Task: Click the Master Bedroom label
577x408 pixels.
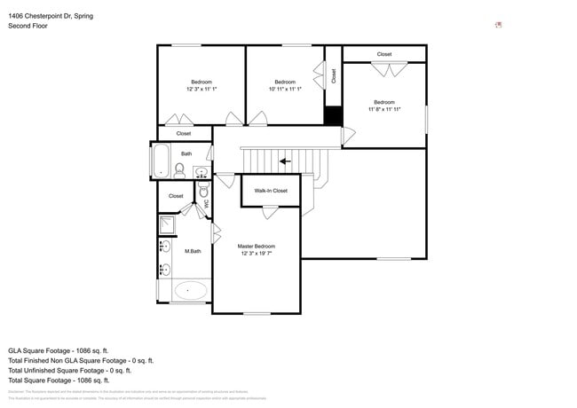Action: tap(256, 246)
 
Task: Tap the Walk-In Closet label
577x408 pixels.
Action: tap(271, 191)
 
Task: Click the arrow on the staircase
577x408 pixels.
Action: tap(284, 161)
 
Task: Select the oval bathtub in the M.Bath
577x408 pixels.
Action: tap(191, 290)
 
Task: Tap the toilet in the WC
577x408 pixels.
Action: tap(203, 191)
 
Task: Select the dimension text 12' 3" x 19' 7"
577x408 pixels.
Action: tap(256, 254)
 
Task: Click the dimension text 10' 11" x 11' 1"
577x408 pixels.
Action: tap(285, 89)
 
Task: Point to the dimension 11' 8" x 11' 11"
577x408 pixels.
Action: tap(384, 109)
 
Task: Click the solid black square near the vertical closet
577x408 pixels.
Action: tap(333, 116)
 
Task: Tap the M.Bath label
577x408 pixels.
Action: tap(193, 252)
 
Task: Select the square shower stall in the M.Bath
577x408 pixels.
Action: tap(167, 224)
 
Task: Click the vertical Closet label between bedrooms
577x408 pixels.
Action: tap(334, 76)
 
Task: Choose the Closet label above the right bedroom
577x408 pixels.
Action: tap(383, 54)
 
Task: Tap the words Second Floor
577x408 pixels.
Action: tap(28, 26)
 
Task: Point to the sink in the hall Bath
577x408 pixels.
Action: tap(202, 171)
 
